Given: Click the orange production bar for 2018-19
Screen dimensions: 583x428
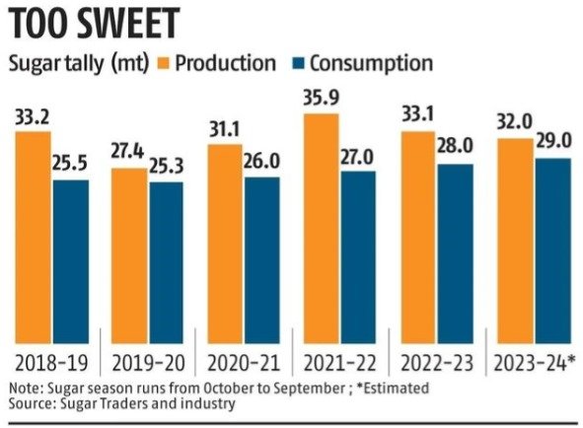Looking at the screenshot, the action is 34,238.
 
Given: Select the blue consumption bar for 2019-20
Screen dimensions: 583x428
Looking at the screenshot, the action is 166,262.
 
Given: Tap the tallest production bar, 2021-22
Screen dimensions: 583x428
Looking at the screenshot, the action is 322,229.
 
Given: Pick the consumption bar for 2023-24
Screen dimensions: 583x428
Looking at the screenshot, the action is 552,250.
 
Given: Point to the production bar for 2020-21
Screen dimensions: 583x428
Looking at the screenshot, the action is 225,244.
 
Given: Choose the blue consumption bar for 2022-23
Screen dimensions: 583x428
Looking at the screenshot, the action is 456,253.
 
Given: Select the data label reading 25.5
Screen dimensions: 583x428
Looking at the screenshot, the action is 69,164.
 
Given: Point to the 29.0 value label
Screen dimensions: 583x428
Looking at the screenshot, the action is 553,142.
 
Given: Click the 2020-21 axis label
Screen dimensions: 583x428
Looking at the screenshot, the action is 244,363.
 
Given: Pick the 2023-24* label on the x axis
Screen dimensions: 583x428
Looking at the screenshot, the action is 535,363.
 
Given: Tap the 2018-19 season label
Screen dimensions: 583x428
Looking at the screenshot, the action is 51,363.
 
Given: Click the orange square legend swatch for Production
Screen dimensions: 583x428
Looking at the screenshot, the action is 163,63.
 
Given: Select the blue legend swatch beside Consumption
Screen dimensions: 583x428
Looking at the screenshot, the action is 298,63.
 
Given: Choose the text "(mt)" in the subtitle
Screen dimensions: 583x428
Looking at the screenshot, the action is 129,64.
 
